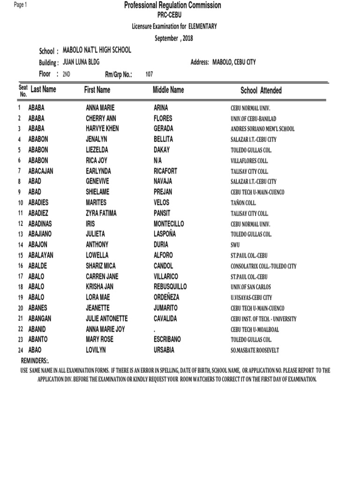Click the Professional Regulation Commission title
172,6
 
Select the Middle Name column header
168,90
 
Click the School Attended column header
261,90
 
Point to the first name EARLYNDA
98,171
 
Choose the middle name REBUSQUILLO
170,287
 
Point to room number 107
150,74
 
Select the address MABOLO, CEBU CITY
234,62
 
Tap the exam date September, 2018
174,38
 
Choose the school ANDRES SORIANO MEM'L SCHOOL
262,129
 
